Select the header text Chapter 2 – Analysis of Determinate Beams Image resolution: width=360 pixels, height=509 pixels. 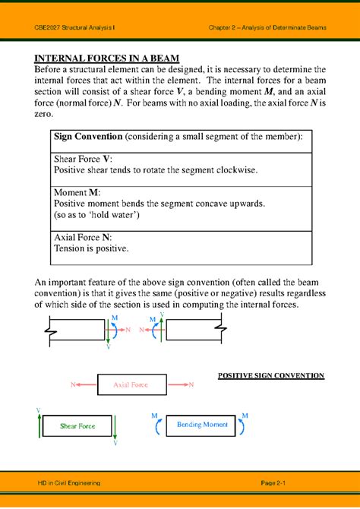(267, 27)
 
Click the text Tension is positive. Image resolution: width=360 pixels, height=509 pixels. (91, 248)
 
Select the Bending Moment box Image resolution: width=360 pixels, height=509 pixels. (201, 425)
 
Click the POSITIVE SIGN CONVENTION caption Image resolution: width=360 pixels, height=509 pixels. (271, 375)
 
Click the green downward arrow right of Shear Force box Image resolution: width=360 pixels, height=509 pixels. (115, 429)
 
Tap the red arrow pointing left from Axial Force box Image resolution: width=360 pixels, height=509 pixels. (83, 385)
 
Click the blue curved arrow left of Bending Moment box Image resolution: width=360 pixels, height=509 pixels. (157, 425)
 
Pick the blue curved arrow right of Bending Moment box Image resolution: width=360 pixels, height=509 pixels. (243, 425)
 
